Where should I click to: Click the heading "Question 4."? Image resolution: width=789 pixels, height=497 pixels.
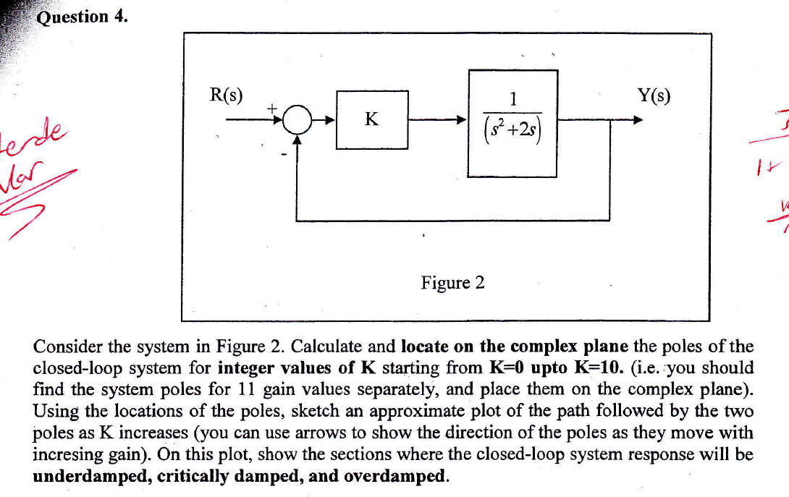tap(82, 17)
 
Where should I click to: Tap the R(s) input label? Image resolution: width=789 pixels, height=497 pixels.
tap(226, 94)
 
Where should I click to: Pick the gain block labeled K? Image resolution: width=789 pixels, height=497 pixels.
tap(372, 119)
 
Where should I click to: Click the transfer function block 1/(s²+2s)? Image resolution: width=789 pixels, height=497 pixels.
tap(512, 123)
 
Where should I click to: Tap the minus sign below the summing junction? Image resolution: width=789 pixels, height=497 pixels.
tap(285, 153)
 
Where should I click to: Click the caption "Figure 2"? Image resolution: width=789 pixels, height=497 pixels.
tap(453, 282)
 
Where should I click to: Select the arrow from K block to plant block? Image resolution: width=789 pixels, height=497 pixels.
tap(437, 120)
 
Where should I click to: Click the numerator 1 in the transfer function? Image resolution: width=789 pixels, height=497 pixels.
tap(512, 98)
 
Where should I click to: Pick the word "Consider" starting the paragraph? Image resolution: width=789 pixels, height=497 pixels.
tap(65, 346)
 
